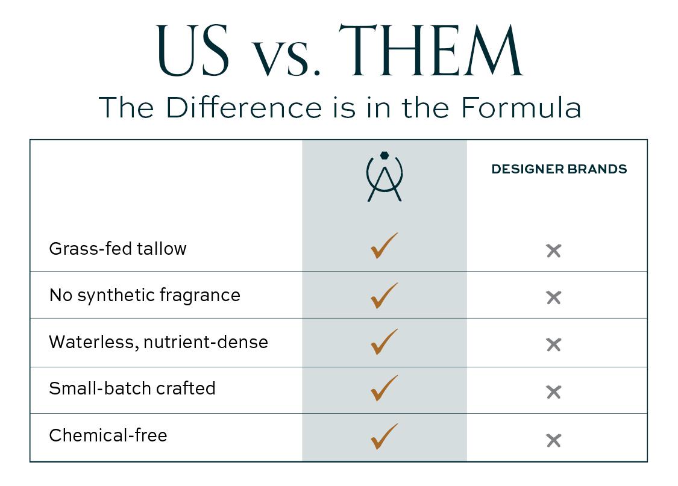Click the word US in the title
[x=192, y=51]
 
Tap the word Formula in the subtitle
[x=521, y=108]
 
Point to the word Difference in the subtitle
[x=244, y=107]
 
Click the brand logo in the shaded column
[x=385, y=176]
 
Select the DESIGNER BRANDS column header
[x=559, y=169]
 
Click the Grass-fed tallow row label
[x=118, y=249]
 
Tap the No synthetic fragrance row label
[x=145, y=296]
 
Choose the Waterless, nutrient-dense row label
[x=159, y=342]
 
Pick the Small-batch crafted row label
[x=133, y=388]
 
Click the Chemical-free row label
[x=108, y=435]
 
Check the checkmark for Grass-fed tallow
[x=384, y=245]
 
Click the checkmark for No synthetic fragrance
[x=384, y=296]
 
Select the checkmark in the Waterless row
[x=384, y=341]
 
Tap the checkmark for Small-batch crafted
[x=384, y=388]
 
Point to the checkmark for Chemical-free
[x=384, y=437]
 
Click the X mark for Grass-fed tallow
[x=553, y=251]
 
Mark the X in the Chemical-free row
[x=553, y=440]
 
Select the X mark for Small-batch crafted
[x=553, y=392]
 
